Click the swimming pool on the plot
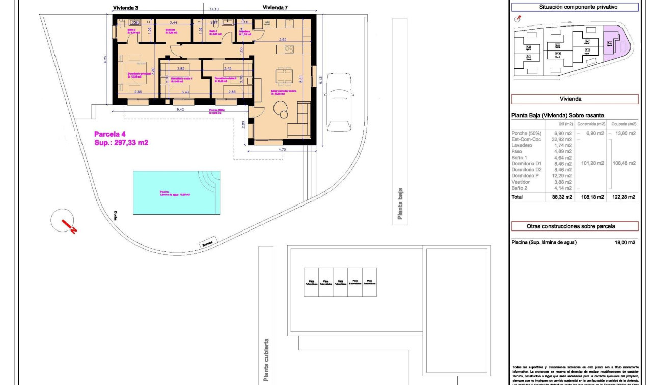[176, 192]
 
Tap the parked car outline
[339, 101]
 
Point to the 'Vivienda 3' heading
[125, 8]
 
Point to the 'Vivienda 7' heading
[276, 7]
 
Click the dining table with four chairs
[283, 76]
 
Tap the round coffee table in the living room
[281, 108]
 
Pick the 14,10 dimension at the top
[214, 9]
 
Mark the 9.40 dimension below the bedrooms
[180, 109]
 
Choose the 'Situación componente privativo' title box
[574, 7]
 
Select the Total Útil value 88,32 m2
[562, 197]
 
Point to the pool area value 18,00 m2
[624, 243]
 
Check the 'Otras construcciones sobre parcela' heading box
[574, 226]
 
